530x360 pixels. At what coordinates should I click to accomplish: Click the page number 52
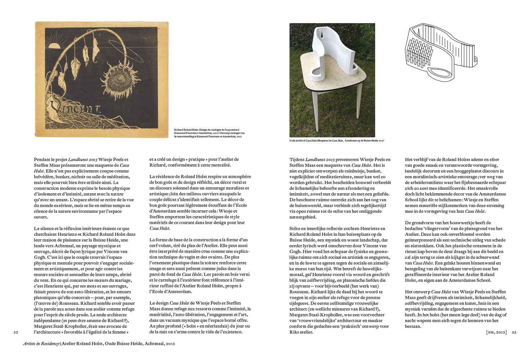16,332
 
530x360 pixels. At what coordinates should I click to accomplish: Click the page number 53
514,332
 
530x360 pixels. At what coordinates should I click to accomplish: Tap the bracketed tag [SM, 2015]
496,332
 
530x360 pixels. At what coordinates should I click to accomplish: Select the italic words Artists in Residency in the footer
41,344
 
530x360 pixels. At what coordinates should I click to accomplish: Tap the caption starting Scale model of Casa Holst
337,141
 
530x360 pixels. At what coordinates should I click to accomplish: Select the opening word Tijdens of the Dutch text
297,159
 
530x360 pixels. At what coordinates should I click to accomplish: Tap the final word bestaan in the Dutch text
413,327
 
